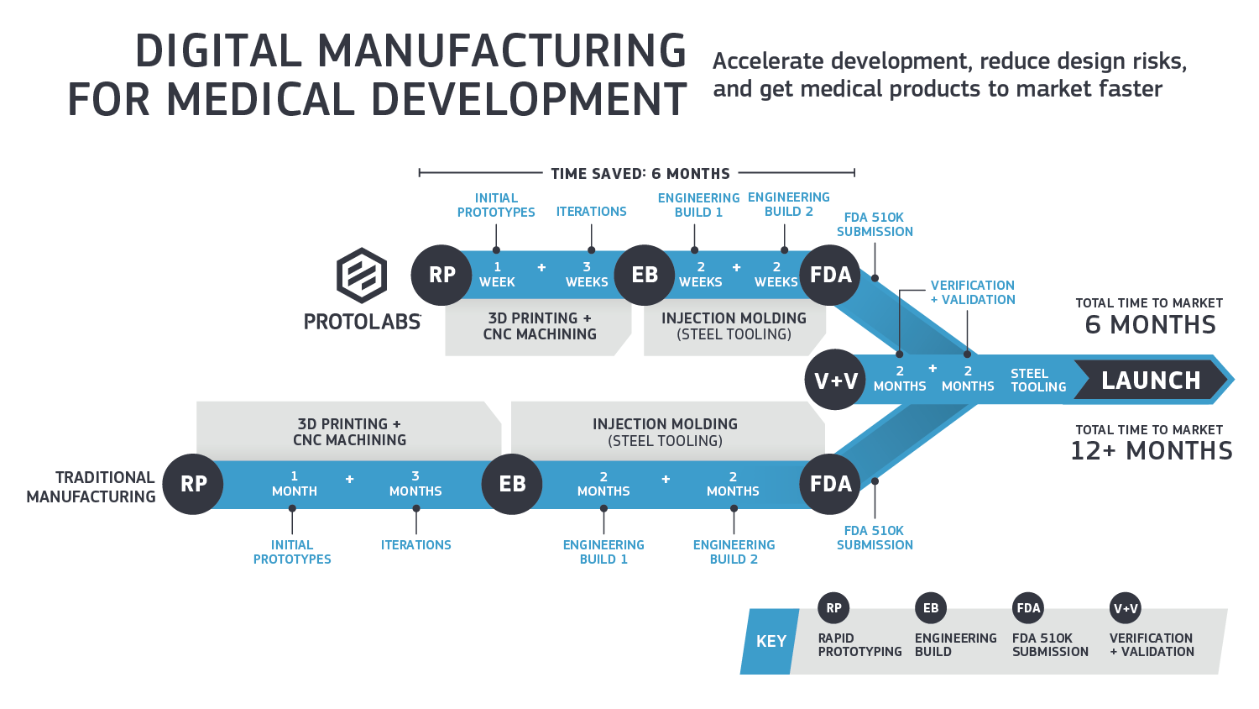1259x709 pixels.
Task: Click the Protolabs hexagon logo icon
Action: click(x=362, y=275)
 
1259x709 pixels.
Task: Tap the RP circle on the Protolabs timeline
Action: click(x=441, y=275)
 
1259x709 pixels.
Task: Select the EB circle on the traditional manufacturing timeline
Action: click(x=512, y=484)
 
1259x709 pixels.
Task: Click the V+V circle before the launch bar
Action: click(x=835, y=380)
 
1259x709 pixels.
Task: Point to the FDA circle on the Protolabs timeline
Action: click(x=830, y=275)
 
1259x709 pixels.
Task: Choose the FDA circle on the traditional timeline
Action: click(x=830, y=484)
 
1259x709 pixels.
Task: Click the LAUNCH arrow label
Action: click(x=1151, y=381)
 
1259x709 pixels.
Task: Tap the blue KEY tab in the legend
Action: click(x=771, y=642)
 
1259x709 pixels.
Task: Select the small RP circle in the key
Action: click(x=833, y=608)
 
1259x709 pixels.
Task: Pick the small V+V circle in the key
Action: click(x=1126, y=608)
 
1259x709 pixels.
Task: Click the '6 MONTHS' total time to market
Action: click(x=1150, y=325)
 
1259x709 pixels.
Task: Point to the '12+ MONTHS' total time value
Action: click(x=1151, y=451)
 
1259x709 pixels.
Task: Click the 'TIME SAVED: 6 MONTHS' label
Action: click(x=640, y=174)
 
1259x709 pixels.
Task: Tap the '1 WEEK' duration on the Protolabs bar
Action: click(x=497, y=275)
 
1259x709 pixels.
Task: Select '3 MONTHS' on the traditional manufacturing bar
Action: click(x=415, y=484)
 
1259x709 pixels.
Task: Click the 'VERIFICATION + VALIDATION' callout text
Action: click(x=973, y=292)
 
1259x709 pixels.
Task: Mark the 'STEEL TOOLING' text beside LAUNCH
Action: click(x=1037, y=381)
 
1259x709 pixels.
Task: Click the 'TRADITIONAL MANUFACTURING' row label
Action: click(x=91, y=487)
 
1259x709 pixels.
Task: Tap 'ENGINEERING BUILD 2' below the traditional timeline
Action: click(x=734, y=552)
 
